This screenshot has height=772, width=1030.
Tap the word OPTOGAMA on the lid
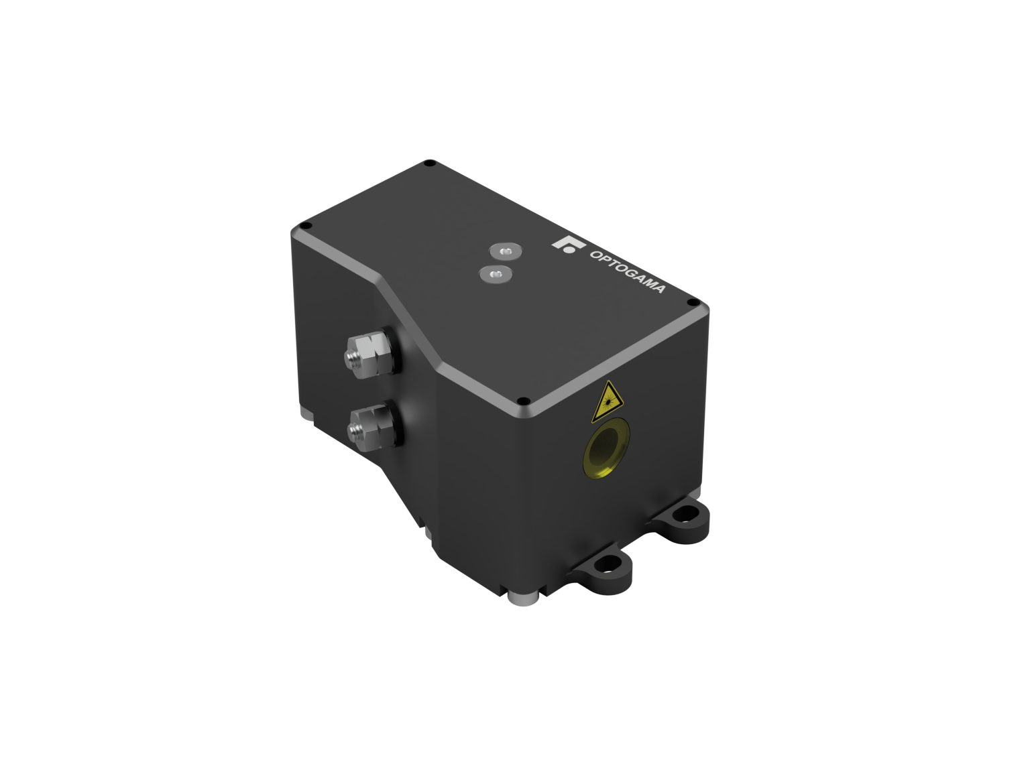[x=626, y=271]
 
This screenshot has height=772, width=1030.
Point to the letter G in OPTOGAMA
[x=631, y=273]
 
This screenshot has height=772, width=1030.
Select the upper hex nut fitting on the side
[x=367, y=352]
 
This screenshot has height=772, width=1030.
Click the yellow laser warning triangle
[x=608, y=403]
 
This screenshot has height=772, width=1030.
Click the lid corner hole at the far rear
[x=431, y=163]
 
